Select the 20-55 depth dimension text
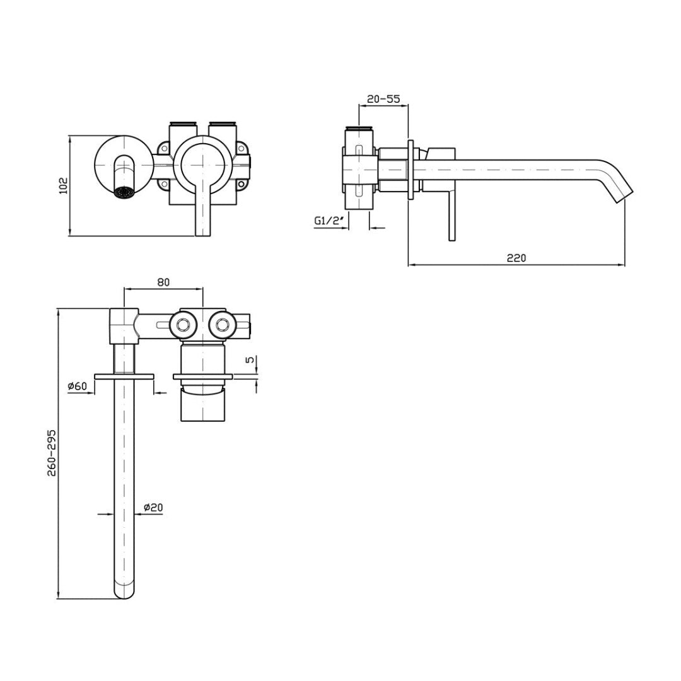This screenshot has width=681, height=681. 383,99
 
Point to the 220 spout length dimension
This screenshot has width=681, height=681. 516,257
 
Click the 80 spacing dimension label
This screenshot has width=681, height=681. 163,282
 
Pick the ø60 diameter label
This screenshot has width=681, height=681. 77,386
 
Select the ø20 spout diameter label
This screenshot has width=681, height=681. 154,507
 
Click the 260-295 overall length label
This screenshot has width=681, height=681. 51,453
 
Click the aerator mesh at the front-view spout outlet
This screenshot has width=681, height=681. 124,192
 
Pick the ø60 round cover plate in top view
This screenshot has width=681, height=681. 124,376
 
